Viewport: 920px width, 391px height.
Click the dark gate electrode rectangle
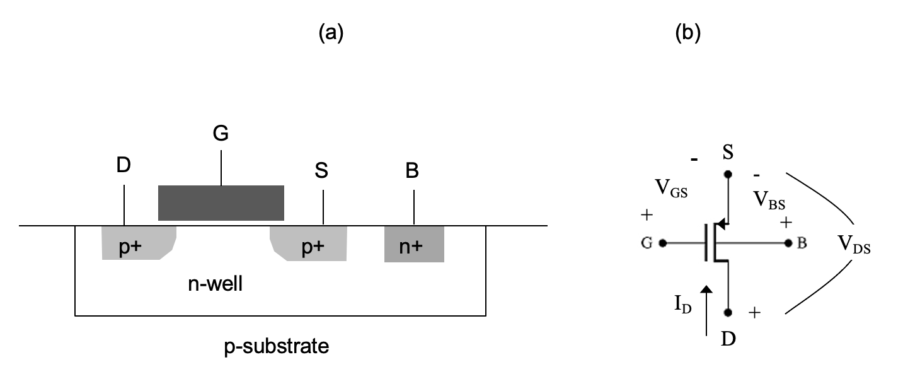[x=221, y=202]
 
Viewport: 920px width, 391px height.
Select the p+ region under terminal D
[x=139, y=243]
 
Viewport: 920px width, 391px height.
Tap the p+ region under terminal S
[x=309, y=243]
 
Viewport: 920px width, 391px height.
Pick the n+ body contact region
[x=414, y=244]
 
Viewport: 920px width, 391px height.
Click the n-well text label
[x=216, y=284]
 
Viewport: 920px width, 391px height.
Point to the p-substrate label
[x=277, y=347]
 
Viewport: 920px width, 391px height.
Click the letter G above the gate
[x=221, y=133]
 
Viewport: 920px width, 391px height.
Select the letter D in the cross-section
[x=124, y=165]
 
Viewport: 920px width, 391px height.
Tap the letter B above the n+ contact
[x=412, y=170]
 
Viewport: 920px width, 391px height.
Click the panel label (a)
[x=331, y=33]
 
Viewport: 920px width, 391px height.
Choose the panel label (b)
[x=688, y=33]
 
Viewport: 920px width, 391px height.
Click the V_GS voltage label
[x=671, y=189]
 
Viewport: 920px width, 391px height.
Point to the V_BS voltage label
[x=769, y=200]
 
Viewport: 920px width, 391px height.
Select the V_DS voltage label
[x=854, y=244]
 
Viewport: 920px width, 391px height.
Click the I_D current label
[x=683, y=305]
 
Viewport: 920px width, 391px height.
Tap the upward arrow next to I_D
[x=706, y=311]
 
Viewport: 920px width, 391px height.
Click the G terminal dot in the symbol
[x=662, y=243]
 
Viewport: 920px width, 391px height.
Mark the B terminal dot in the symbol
[x=788, y=243]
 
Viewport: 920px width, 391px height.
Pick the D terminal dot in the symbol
[x=728, y=313]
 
